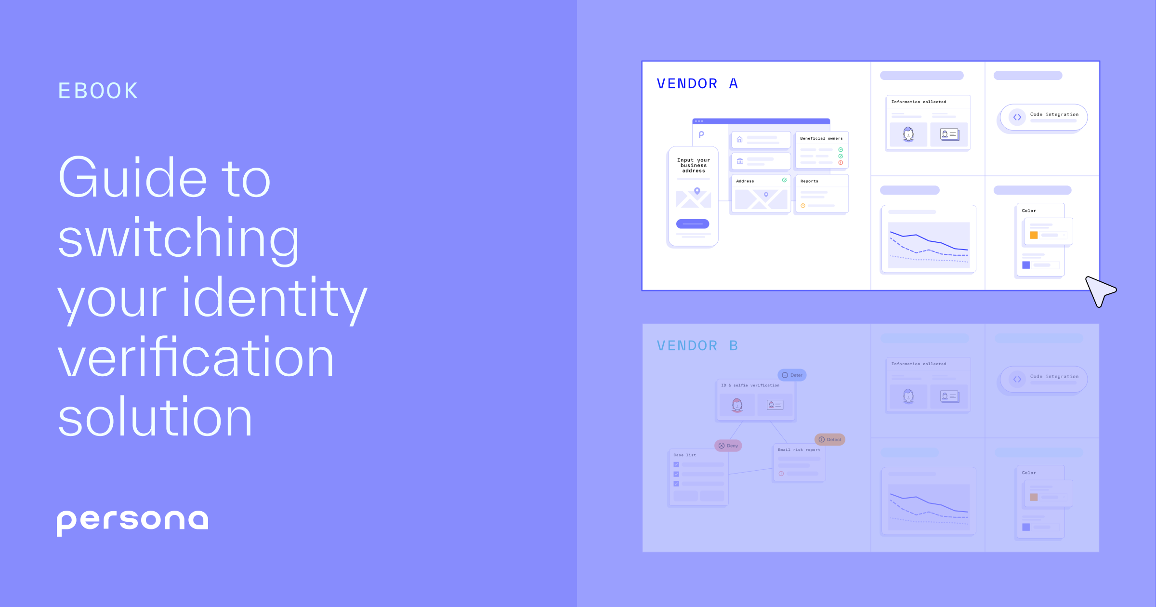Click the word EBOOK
(98, 91)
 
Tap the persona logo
(132, 521)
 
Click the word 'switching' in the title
(178, 238)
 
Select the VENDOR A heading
(697, 84)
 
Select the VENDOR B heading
(697, 346)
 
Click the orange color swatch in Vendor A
(1034, 235)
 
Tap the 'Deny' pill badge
(728, 446)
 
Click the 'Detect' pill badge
(830, 439)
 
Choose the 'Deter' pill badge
(792, 375)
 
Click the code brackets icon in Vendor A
(1017, 117)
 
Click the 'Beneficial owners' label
(821, 138)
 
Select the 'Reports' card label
(809, 181)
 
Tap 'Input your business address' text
(694, 165)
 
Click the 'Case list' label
(684, 455)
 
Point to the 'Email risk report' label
(799, 449)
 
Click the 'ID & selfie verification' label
(750, 385)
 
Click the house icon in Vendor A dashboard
(740, 139)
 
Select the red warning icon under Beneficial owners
(841, 163)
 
